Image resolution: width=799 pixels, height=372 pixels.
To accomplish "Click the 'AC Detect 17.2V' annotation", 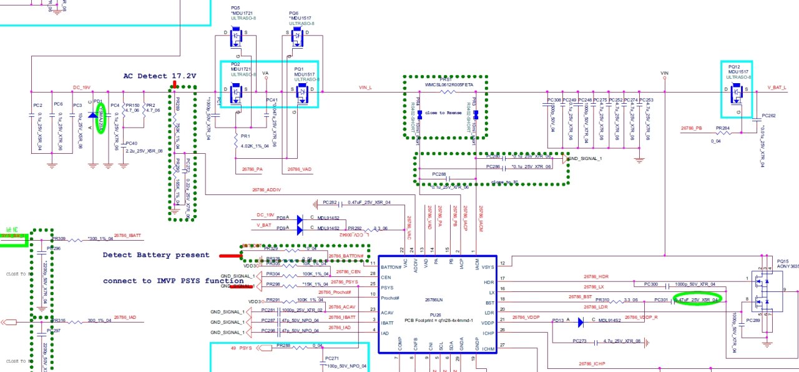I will point(159,76).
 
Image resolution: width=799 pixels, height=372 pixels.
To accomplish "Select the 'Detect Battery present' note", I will point(156,255).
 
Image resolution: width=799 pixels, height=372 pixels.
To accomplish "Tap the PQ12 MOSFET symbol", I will point(736,92).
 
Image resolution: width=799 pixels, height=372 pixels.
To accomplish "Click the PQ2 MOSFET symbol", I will point(237,93).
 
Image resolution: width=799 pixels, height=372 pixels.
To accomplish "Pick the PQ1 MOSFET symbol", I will point(303,93).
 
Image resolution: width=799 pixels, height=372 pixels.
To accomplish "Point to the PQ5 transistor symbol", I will point(236,38).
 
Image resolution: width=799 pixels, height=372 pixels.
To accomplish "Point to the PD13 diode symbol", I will point(580,323).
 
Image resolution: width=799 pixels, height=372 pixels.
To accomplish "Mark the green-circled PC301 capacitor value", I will point(697,299).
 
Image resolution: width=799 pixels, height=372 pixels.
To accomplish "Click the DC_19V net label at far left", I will point(82,87).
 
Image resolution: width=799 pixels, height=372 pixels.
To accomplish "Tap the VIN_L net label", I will point(366,87).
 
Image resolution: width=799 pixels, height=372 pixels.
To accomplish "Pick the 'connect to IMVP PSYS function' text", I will point(165,281).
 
